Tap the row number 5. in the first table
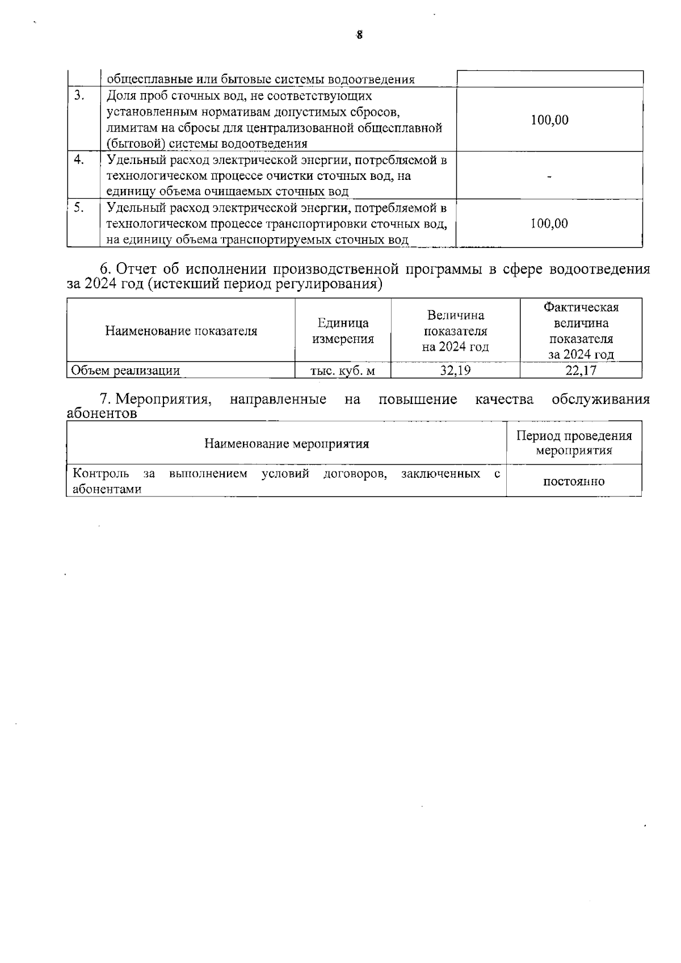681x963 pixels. [79, 208]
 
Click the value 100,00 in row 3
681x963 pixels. [549, 120]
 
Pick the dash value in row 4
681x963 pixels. [549, 176]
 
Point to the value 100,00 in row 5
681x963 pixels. [549, 224]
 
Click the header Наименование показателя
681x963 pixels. [181, 331]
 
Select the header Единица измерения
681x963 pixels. [343, 331]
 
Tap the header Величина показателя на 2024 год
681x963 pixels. [455, 331]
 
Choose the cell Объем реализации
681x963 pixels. [125, 371]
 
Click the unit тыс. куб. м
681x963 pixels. [343, 371]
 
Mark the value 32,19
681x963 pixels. [455, 371]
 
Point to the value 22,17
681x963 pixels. [581, 371]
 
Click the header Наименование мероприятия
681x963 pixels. [287, 444]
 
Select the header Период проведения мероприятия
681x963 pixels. [574, 443]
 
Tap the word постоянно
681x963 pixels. [574, 482]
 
